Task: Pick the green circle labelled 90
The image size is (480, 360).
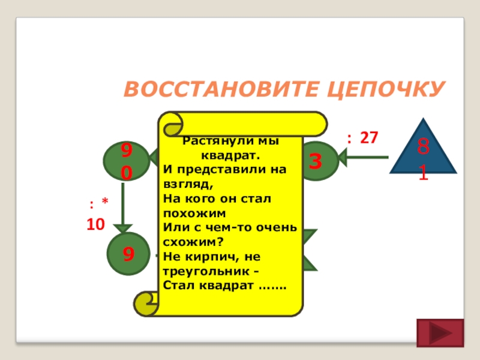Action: coord(125,161)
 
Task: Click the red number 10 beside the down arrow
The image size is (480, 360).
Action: coord(95,224)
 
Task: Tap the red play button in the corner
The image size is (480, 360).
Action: coord(440,334)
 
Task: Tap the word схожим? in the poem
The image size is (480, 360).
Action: coord(190,241)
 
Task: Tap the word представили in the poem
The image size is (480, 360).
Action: coord(222,170)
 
